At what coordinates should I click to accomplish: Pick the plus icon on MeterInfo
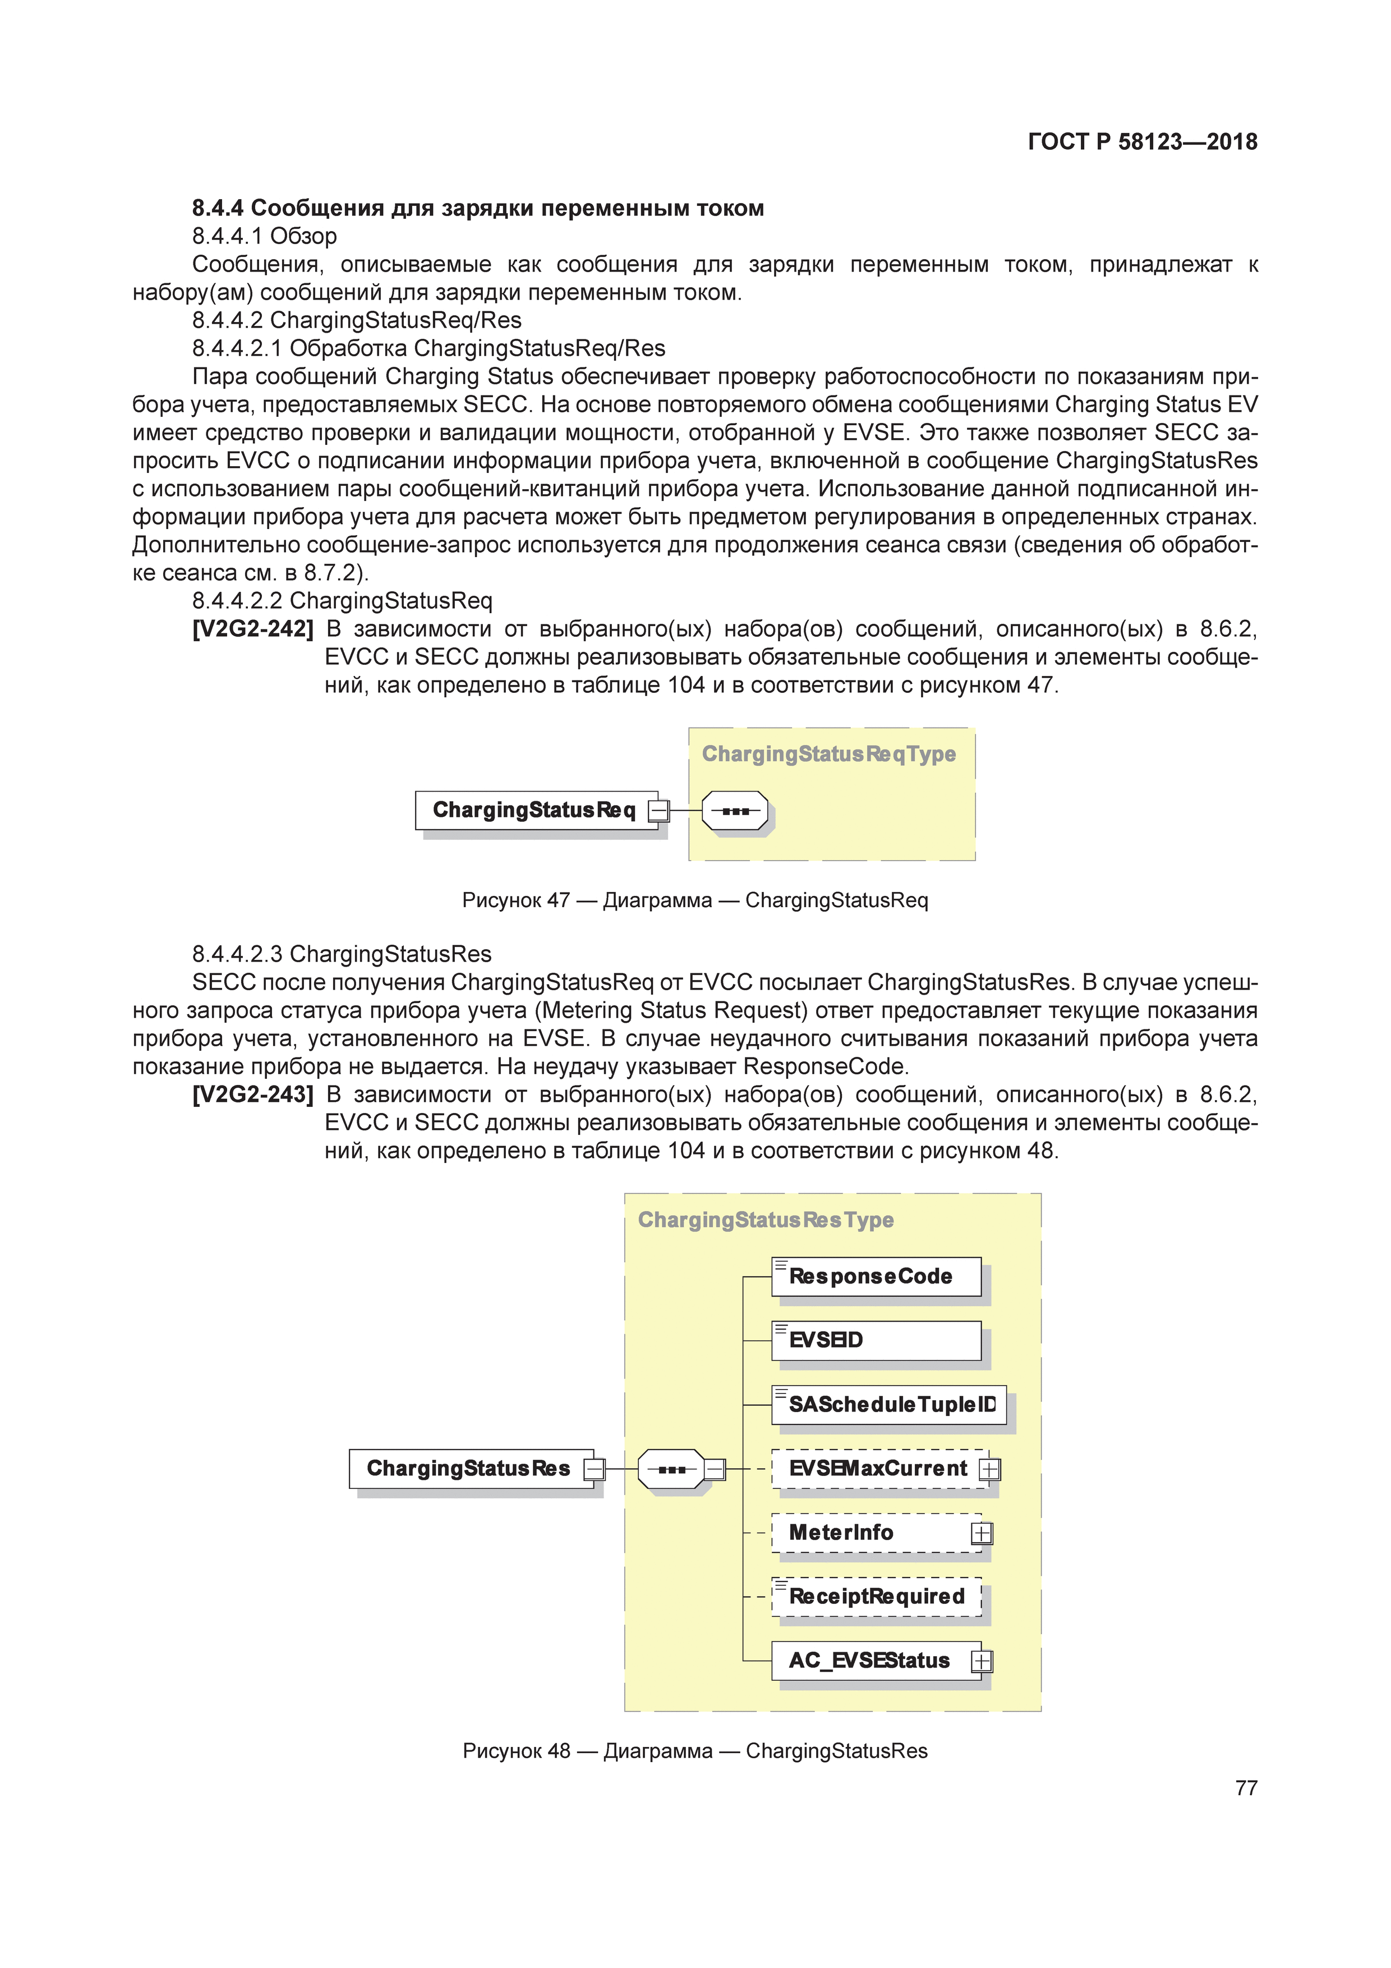982,1533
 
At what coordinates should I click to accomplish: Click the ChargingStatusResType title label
766,1220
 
